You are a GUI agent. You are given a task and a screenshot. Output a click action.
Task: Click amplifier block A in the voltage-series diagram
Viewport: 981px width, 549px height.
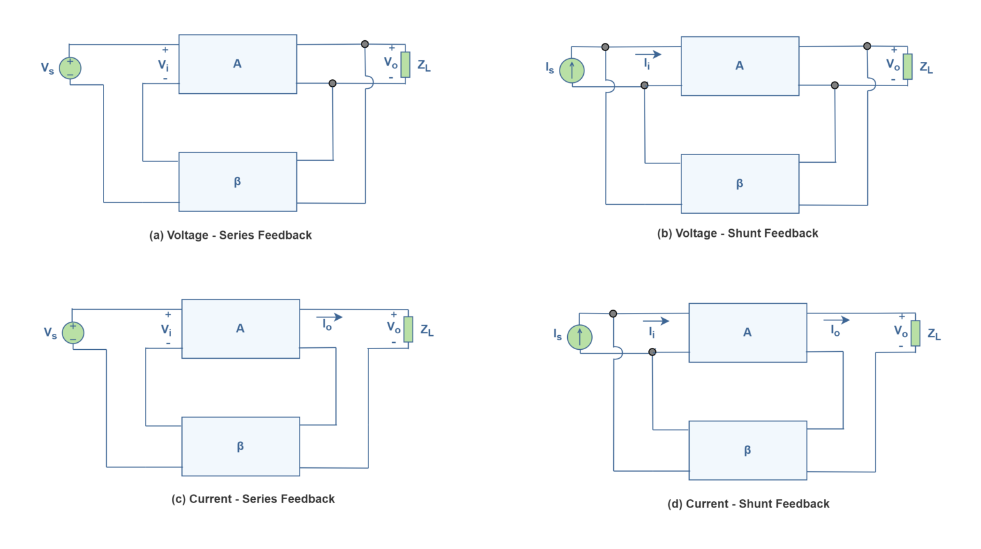point(238,64)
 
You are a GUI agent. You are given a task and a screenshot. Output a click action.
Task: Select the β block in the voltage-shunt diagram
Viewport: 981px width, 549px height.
point(740,184)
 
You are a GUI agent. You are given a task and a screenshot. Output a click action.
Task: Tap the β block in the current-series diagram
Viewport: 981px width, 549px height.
point(240,446)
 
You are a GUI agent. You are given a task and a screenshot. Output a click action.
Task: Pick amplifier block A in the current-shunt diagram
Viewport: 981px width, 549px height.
point(747,333)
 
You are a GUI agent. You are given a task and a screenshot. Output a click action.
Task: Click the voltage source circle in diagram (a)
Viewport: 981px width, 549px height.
point(70,68)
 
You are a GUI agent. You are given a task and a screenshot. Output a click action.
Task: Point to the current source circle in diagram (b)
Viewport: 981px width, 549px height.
point(572,70)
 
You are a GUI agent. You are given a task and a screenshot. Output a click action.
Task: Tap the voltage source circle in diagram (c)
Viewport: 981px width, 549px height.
point(73,333)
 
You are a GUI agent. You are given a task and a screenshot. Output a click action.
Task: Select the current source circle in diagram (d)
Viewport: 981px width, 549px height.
point(579,336)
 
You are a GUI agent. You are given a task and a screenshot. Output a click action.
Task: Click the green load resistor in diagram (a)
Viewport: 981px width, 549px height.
point(405,64)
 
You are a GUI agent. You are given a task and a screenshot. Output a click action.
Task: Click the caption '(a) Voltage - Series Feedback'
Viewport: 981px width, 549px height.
point(231,236)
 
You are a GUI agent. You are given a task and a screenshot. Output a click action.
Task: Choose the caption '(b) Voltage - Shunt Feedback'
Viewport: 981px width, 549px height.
point(738,234)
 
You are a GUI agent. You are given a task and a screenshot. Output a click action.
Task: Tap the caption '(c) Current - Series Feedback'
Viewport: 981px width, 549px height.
point(253,499)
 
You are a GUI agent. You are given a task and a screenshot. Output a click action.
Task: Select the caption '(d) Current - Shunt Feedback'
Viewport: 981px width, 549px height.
point(748,504)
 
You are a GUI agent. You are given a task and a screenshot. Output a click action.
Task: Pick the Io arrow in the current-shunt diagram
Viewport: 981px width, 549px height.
point(837,320)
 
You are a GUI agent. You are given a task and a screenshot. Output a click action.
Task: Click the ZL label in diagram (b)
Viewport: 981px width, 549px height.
point(926,68)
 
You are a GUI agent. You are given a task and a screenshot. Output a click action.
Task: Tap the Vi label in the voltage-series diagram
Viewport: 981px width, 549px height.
point(163,65)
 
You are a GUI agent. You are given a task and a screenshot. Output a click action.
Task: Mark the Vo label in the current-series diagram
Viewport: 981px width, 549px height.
point(393,327)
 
